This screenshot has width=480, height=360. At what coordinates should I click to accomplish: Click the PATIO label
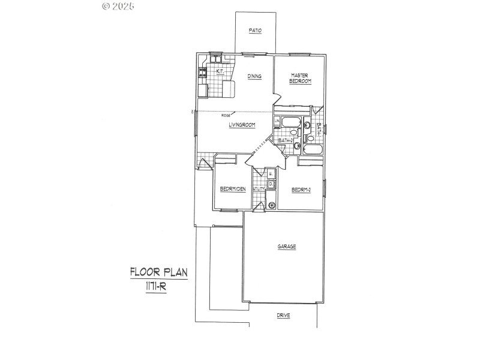coord(256,31)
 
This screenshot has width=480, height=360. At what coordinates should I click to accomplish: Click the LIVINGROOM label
coord(242,125)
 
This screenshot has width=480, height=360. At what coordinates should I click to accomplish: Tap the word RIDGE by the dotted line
coord(226,115)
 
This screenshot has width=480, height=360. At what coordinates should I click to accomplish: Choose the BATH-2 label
coord(285,140)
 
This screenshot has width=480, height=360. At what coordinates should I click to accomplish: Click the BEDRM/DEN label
coord(233,190)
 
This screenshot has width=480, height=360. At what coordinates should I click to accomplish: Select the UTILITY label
coord(259,189)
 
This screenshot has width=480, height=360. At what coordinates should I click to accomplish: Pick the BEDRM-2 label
coord(301,190)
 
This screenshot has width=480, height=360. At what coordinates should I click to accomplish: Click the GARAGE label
coord(286,247)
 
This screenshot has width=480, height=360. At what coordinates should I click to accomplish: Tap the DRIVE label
coord(284,316)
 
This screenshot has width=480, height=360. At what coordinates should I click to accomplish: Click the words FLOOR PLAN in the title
coord(158,272)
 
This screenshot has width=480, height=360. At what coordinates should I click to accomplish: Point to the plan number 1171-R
coord(158,287)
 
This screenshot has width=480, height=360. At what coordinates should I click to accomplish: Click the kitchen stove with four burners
coord(203,73)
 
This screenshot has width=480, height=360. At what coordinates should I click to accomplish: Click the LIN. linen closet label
coord(277,122)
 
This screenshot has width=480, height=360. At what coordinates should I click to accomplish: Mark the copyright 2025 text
coord(118,6)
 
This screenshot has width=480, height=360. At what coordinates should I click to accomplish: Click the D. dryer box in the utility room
coord(271,184)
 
